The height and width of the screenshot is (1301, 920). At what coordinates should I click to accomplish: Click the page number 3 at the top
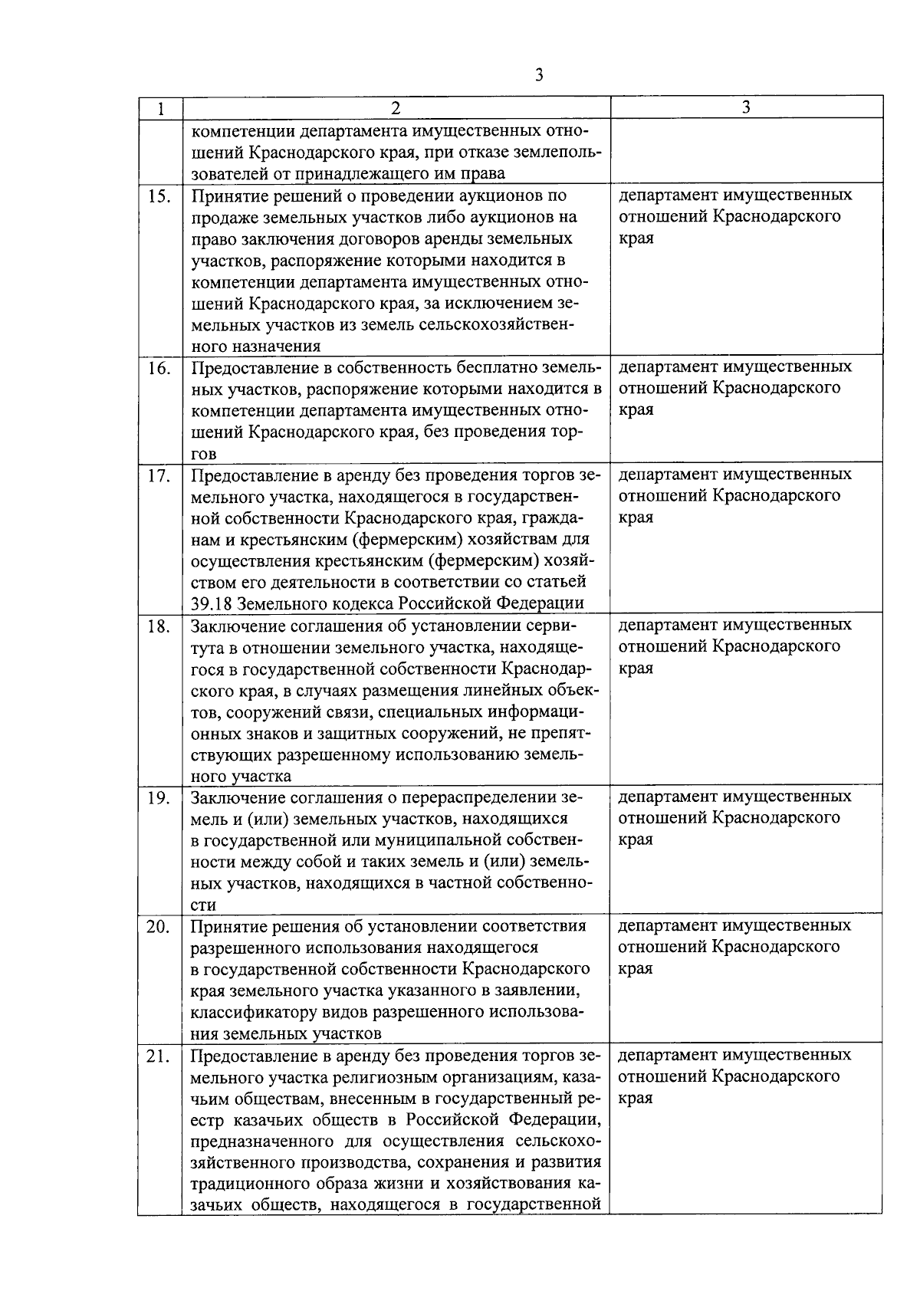540,74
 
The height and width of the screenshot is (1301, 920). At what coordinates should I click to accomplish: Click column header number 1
160,109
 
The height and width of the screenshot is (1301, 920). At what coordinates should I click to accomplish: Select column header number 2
396,109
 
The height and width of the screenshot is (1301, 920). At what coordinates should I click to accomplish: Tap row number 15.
159,195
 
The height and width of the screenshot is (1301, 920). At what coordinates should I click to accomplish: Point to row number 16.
159,367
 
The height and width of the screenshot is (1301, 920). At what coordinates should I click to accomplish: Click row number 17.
159,475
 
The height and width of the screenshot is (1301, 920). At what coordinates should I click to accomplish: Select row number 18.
159,625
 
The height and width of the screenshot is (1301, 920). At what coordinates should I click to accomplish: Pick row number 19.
159,797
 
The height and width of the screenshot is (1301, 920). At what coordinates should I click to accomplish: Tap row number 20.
159,926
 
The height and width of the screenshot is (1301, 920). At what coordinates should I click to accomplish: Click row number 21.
159,1056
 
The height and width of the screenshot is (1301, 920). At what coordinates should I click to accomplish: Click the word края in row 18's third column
636,669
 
